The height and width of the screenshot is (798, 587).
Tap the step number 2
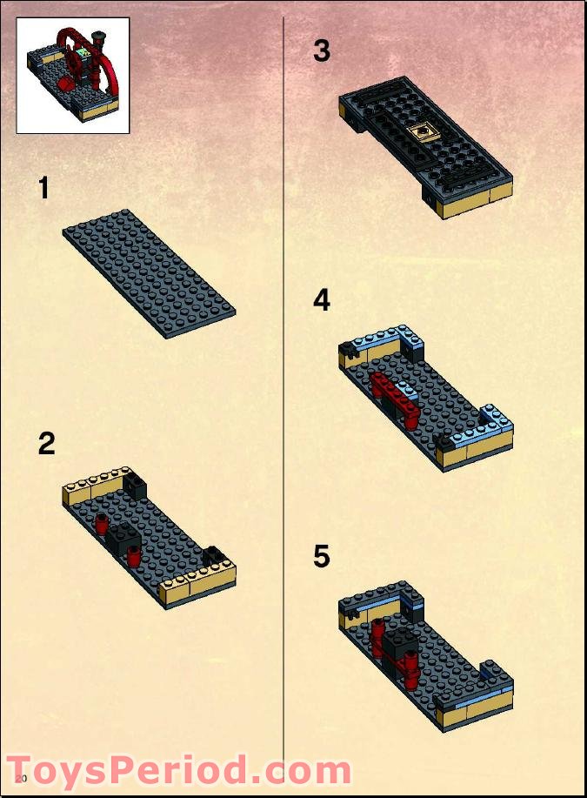click(46, 444)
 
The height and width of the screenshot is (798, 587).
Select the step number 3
click(322, 51)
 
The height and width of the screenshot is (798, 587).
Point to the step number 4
click(322, 301)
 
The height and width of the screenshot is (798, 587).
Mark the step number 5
click(322, 556)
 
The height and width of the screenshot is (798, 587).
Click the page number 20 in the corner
click(22, 777)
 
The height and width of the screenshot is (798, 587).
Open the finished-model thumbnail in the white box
click(73, 76)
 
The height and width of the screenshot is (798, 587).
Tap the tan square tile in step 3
click(423, 132)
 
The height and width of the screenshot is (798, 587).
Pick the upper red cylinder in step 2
click(103, 523)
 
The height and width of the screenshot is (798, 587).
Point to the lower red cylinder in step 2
click(134, 556)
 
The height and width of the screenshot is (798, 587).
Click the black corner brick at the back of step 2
click(134, 484)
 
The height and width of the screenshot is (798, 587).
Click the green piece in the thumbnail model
click(83, 52)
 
